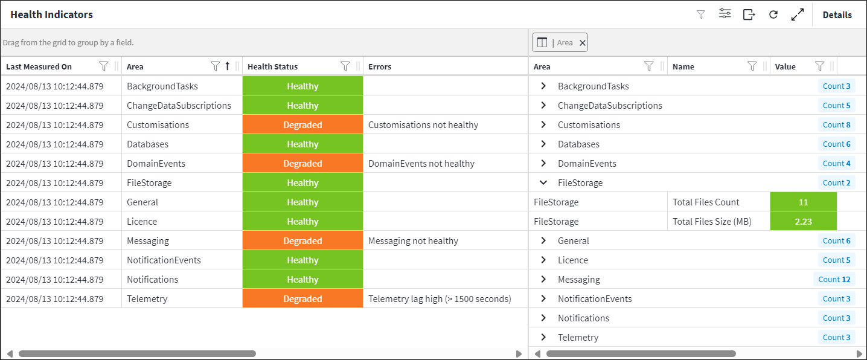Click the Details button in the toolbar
[837, 15]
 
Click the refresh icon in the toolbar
[773, 15]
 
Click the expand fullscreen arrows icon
[798, 15]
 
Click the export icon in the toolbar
[749, 15]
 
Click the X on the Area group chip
[582, 43]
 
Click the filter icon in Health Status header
[345, 66]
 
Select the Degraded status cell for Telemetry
[302, 299]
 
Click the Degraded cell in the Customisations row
[302, 125]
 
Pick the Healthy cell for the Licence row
[302, 222]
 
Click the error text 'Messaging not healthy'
[413, 241]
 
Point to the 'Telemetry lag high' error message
[440, 299]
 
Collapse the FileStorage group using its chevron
[543, 183]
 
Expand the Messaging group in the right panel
[543, 280]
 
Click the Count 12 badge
[834, 280]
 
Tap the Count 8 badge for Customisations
[836, 125]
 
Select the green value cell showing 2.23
[803, 222]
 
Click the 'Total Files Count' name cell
[706, 202]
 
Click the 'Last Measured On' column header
[39, 67]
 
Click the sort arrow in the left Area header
[228, 66]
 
